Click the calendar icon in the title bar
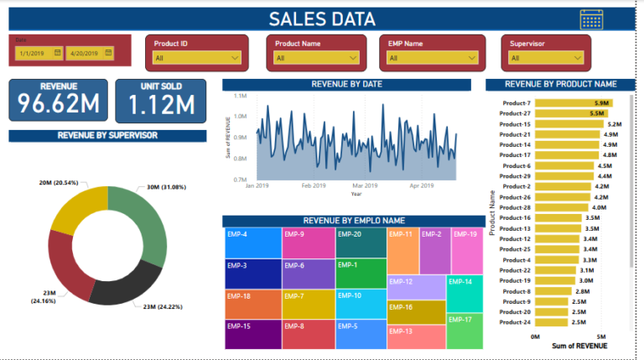click(591, 20)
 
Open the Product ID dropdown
click(197, 58)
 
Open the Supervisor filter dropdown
click(546, 58)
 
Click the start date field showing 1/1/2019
click(39, 53)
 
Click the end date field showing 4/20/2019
click(90, 53)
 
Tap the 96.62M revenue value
click(58, 105)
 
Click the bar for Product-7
click(574, 103)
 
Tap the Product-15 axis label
click(515, 124)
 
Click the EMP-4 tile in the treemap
click(252, 243)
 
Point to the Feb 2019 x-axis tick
click(314, 185)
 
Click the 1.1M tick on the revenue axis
click(240, 97)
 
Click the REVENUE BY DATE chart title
click(347, 85)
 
